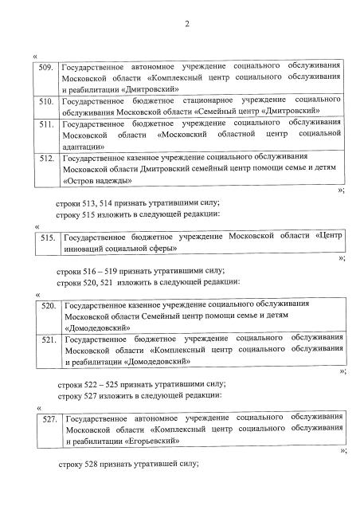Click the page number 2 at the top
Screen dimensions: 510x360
(x=186, y=23)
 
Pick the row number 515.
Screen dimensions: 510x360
(x=49, y=237)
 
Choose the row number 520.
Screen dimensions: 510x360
(x=49, y=306)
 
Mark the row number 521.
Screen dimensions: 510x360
(x=49, y=340)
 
